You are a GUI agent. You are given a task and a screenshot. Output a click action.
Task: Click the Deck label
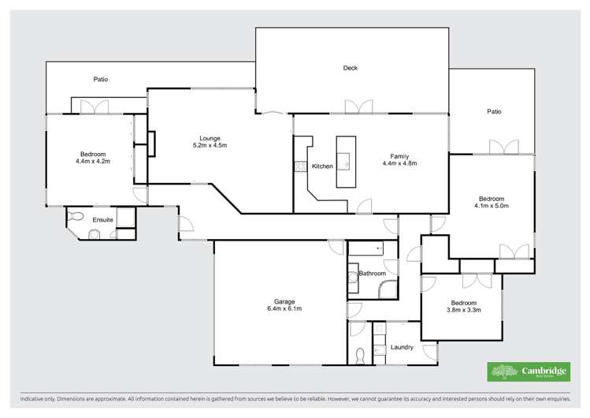[351, 68]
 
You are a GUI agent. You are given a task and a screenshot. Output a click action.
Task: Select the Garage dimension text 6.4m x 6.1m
[284, 308]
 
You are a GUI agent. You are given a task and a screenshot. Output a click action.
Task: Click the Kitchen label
[322, 166]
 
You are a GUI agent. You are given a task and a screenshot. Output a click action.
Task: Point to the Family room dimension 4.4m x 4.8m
[399, 163]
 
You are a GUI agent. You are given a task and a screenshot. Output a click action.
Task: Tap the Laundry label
[402, 346]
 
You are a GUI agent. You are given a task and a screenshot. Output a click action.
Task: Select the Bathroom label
[373, 274]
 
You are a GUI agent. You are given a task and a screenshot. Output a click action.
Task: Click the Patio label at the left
[101, 79]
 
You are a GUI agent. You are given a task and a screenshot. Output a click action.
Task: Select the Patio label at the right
[494, 111]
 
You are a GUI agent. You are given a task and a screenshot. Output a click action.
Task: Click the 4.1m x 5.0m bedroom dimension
[492, 206]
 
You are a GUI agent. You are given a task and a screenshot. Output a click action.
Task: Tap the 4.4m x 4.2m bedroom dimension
[92, 161]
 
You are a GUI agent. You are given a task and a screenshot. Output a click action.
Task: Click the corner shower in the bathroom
[388, 290]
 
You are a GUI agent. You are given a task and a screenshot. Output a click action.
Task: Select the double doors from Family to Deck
[358, 107]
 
